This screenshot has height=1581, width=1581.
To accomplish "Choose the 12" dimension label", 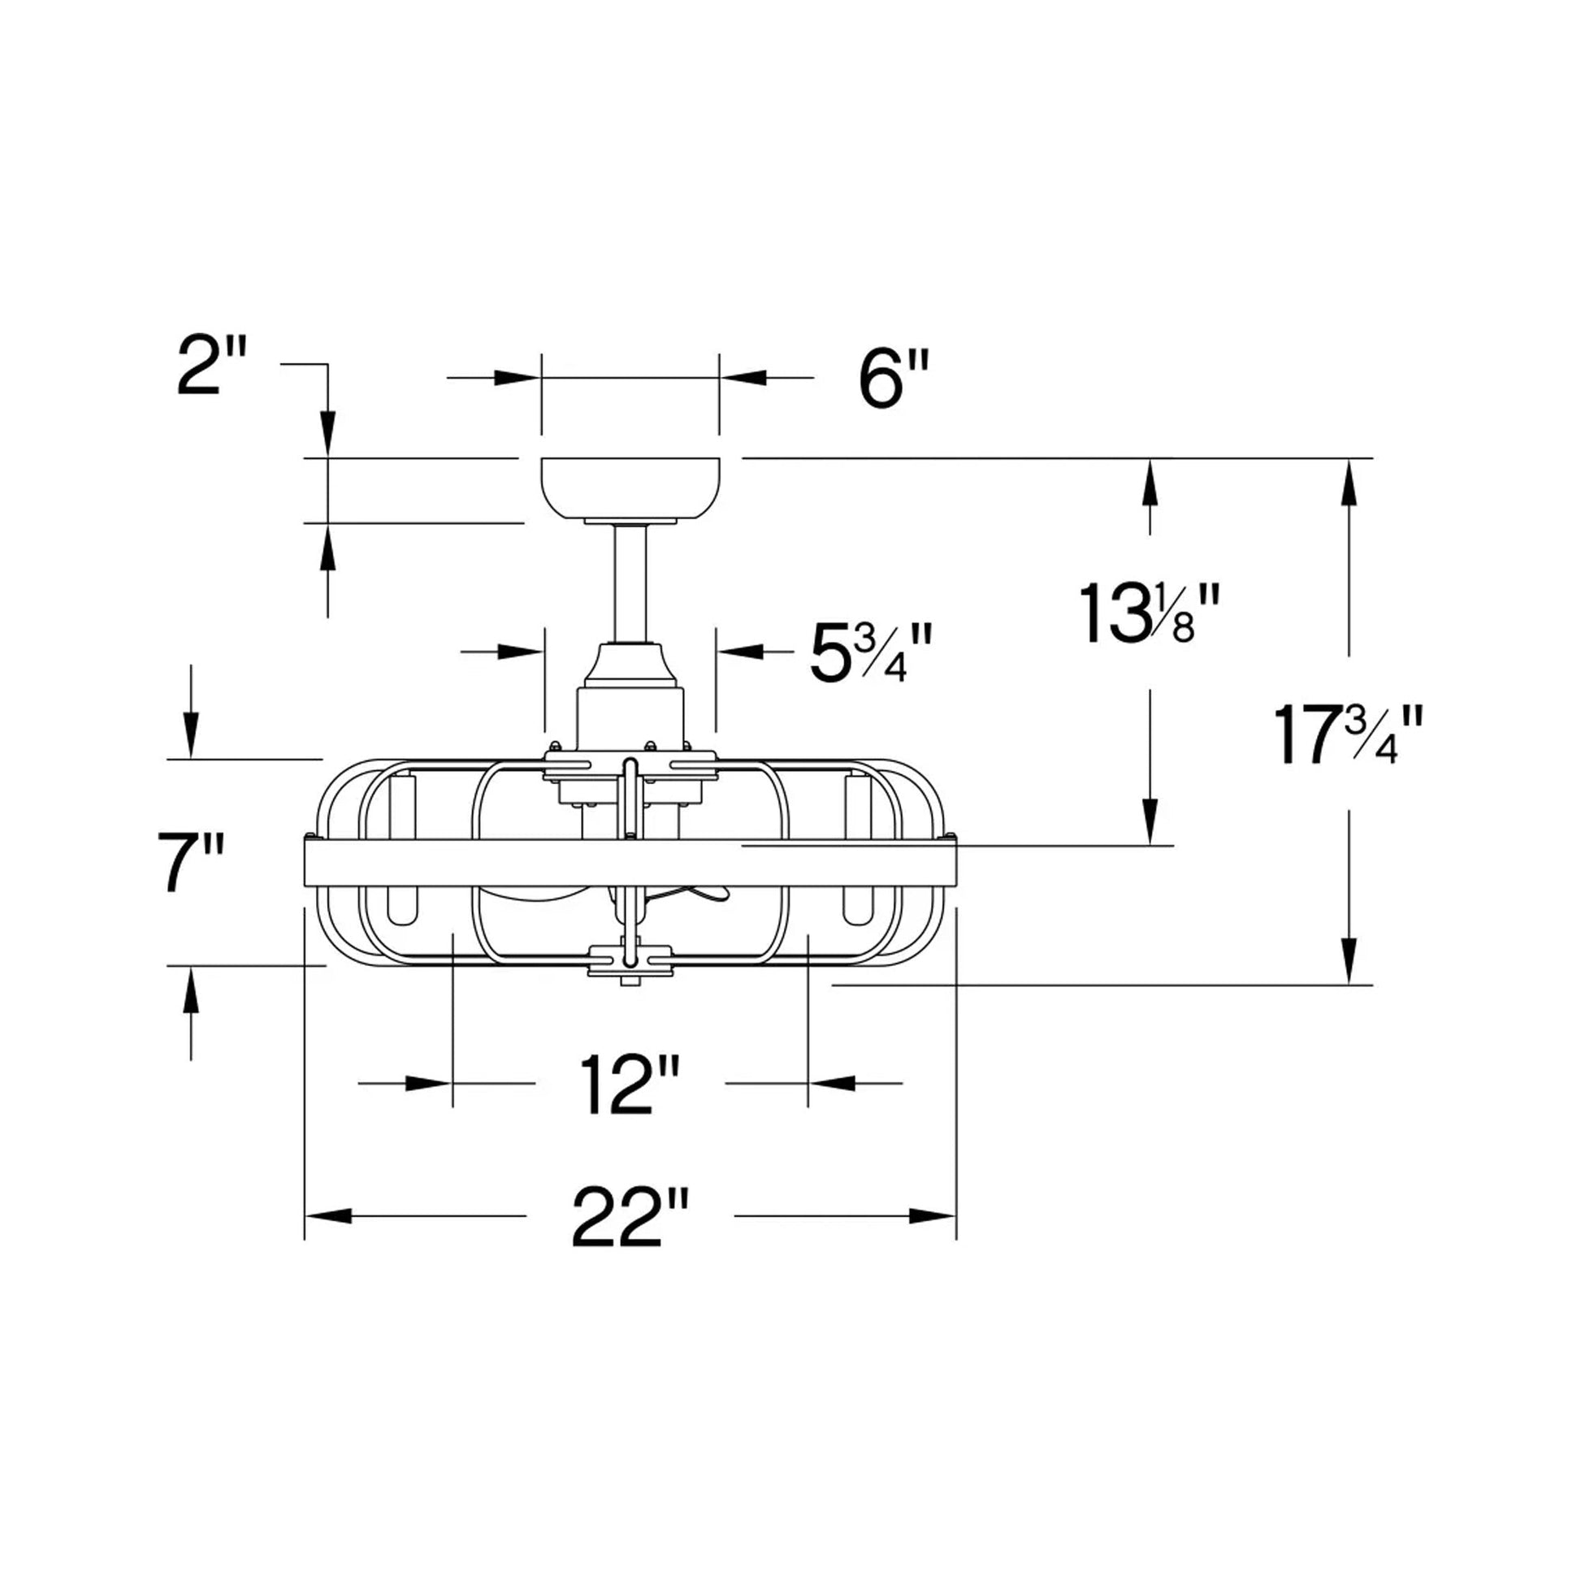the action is (630, 1085).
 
